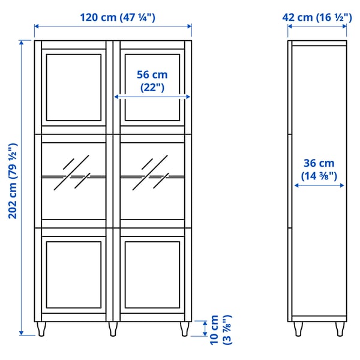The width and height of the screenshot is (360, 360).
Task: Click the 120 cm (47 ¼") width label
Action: tap(113, 17)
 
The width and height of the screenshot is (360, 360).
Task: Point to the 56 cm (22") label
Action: tap(152, 80)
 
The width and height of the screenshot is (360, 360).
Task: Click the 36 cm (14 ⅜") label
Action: tap(319, 169)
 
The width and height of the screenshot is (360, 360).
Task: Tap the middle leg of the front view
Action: tap(113, 329)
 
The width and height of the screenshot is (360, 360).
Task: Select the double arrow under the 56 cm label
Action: tap(152, 96)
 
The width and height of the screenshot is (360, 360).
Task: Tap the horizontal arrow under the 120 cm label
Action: tap(113, 26)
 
